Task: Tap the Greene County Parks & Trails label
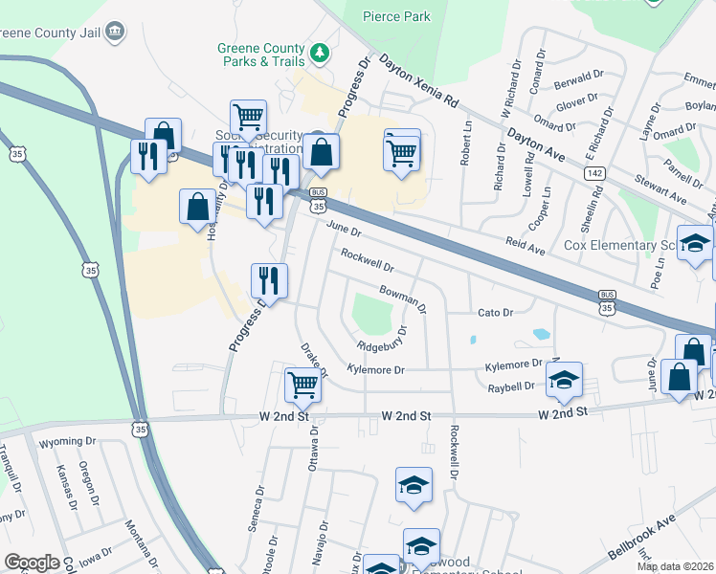point(260,55)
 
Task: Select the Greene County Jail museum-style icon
point(115,32)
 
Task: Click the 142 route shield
point(595,172)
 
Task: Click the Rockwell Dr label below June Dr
point(368,258)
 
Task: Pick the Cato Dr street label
point(495,313)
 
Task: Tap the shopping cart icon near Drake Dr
point(303,385)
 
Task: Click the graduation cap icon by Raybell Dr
point(565,380)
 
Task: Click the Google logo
point(32,563)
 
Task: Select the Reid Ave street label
point(526,248)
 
